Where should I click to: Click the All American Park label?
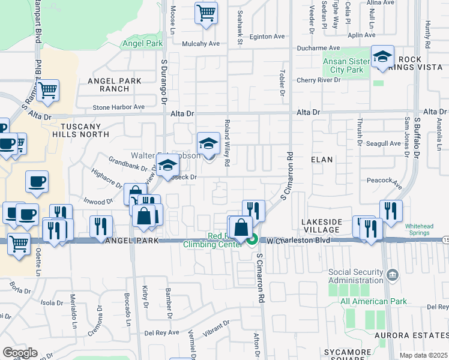tap(373, 301)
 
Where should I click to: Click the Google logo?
tap(20, 352)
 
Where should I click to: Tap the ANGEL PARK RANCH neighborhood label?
tap(114, 85)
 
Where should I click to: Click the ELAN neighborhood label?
tap(322, 160)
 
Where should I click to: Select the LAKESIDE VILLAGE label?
tap(324, 227)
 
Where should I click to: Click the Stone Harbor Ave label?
tap(119, 107)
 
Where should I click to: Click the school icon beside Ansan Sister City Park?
tap(382, 57)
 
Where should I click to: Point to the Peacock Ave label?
tap(383, 180)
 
